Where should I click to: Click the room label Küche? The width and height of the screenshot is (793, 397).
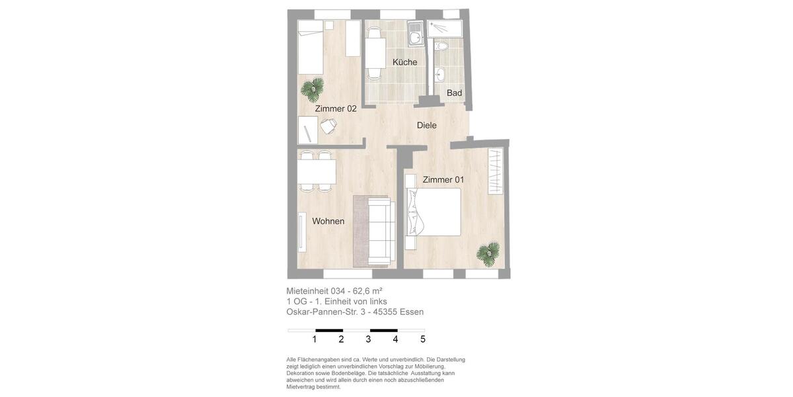[404, 62]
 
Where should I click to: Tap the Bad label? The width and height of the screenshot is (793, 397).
[454, 93]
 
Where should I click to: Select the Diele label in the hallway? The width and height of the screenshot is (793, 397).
[426, 125]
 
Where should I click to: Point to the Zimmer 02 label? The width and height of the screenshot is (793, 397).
[336, 109]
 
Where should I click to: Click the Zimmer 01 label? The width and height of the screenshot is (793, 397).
[443, 179]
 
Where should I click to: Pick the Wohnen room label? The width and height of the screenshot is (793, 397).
[328, 221]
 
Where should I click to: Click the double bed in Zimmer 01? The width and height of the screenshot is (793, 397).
[435, 212]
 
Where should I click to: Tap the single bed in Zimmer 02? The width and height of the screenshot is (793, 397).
[310, 47]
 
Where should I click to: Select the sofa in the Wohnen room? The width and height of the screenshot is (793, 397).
[381, 231]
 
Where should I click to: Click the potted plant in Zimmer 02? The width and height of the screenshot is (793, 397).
[313, 87]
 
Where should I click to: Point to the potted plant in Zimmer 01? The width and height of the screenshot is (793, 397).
[488, 253]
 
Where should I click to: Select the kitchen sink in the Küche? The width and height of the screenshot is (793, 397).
[416, 37]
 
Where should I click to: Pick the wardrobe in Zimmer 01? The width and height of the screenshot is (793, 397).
[495, 171]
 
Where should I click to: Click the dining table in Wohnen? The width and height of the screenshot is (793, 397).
[317, 172]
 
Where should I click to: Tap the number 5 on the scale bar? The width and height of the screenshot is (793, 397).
[423, 339]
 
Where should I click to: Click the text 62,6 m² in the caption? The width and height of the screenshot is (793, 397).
[367, 290]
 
